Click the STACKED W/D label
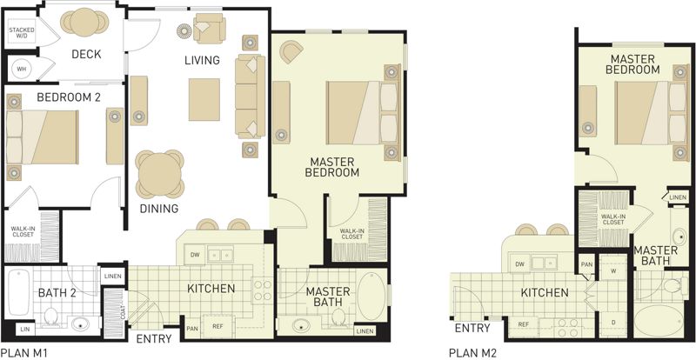pos(22,33)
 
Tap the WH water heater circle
pos(21,70)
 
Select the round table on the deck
pos(84,23)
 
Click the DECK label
pos(86,54)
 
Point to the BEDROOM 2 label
pos(69,97)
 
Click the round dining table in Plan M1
pos(160,174)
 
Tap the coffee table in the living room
pos(204,99)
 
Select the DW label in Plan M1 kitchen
pos(194,255)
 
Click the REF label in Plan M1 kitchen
pos(217,326)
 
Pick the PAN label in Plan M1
pos(192,329)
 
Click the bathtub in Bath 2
pos(18,292)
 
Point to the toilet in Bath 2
pos(50,317)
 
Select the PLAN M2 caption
pos(472,353)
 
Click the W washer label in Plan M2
pos(613,270)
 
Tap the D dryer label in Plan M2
pos(613,321)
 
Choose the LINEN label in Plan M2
pos(678,197)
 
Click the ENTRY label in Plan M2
pos(472,329)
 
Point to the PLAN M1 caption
pos(23,353)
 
